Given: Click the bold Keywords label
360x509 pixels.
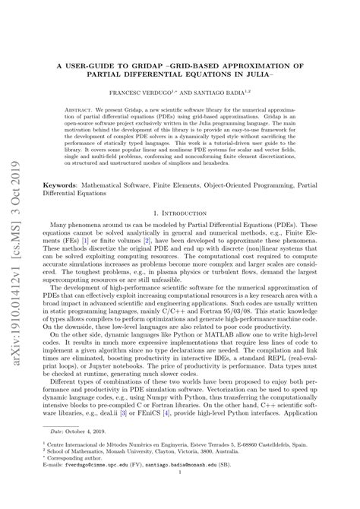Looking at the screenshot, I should click(x=68, y=184).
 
